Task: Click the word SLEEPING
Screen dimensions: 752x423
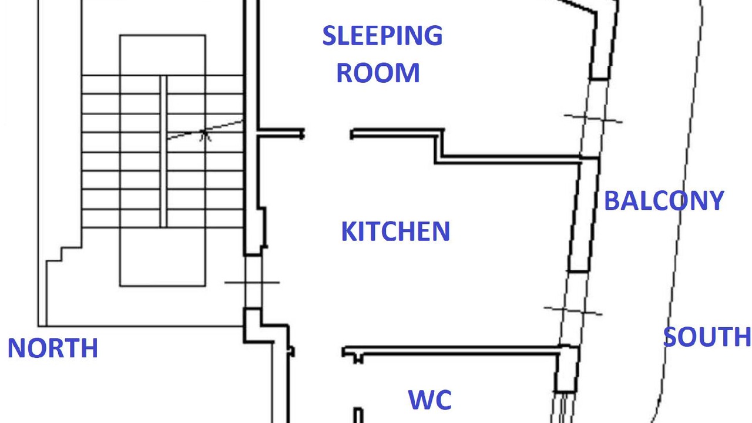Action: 382,35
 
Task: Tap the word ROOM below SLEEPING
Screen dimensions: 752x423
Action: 378,73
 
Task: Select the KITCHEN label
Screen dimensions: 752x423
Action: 395,231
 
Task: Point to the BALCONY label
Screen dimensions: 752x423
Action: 664,200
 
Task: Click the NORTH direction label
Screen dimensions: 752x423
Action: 53,348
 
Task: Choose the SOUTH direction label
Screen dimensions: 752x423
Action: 707,337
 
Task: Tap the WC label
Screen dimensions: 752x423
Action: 429,399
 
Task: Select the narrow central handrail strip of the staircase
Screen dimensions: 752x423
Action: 163,152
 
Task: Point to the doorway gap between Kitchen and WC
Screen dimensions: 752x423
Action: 318,352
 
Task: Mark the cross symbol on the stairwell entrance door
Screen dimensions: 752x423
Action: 253,283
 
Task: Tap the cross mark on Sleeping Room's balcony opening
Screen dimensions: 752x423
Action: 593,119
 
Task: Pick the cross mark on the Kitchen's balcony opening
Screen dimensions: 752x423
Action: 573,311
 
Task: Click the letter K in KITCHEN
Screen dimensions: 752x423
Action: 348,231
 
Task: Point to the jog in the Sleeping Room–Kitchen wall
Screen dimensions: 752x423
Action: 439,146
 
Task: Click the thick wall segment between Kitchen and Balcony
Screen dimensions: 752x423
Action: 584,215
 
